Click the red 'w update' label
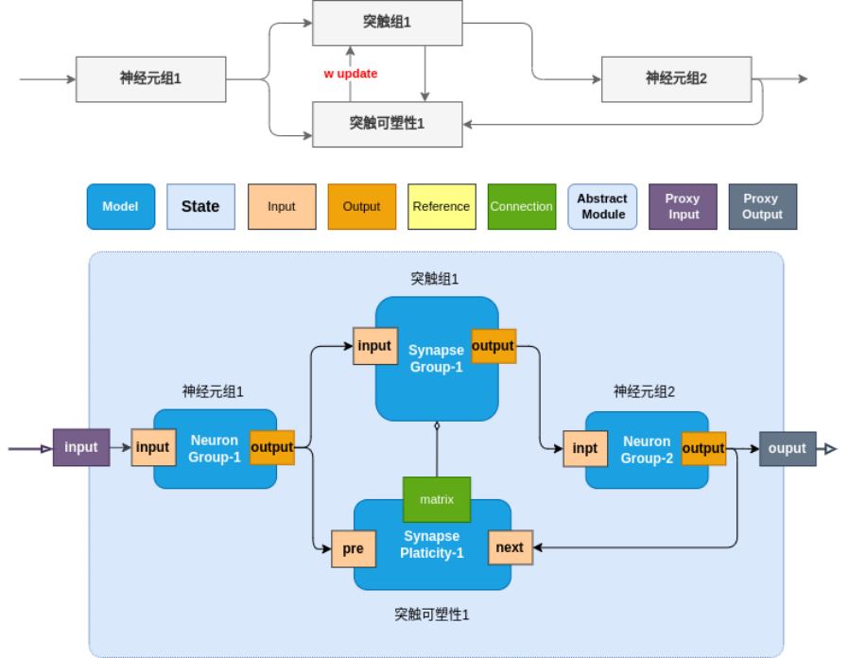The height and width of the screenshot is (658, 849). coord(351,74)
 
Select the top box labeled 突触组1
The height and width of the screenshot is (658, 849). coord(388,23)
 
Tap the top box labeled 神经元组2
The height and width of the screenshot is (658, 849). coord(676,78)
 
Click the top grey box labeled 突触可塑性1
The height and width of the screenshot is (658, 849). coord(388,124)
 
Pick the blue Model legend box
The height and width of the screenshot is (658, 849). coord(120,206)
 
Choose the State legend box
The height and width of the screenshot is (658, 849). coord(200,206)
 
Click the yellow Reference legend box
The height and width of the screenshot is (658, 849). coord(442,206)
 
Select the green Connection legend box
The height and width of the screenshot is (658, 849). coord(521,206)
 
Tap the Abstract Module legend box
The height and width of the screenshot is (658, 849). coord(602,206)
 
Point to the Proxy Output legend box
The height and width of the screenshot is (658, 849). coord(762,206)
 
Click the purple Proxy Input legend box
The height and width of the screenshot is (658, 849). coord(683,206)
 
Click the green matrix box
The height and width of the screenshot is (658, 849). coord(437,499)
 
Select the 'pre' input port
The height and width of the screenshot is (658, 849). coord(353,548)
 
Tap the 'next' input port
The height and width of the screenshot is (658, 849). coord(510,547)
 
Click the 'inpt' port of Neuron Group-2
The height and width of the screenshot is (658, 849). coord(585,448)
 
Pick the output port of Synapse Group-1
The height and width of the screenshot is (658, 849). coord(493,346)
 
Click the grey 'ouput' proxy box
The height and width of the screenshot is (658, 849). coord(788,448)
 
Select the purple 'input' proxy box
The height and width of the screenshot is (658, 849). coord(81,447)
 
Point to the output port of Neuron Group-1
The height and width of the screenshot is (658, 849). coord(272,447)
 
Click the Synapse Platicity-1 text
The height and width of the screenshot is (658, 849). coord(432,545)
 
